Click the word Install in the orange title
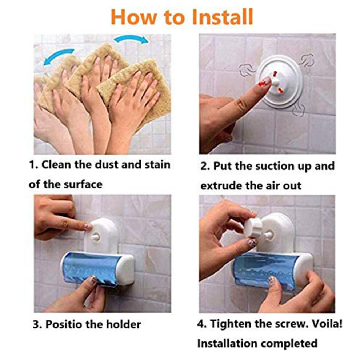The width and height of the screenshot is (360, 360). [222, 17]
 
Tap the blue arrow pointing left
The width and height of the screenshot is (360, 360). [59, 56]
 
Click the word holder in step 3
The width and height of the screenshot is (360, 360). [124, 324]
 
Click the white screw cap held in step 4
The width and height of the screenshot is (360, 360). [252, 227]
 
